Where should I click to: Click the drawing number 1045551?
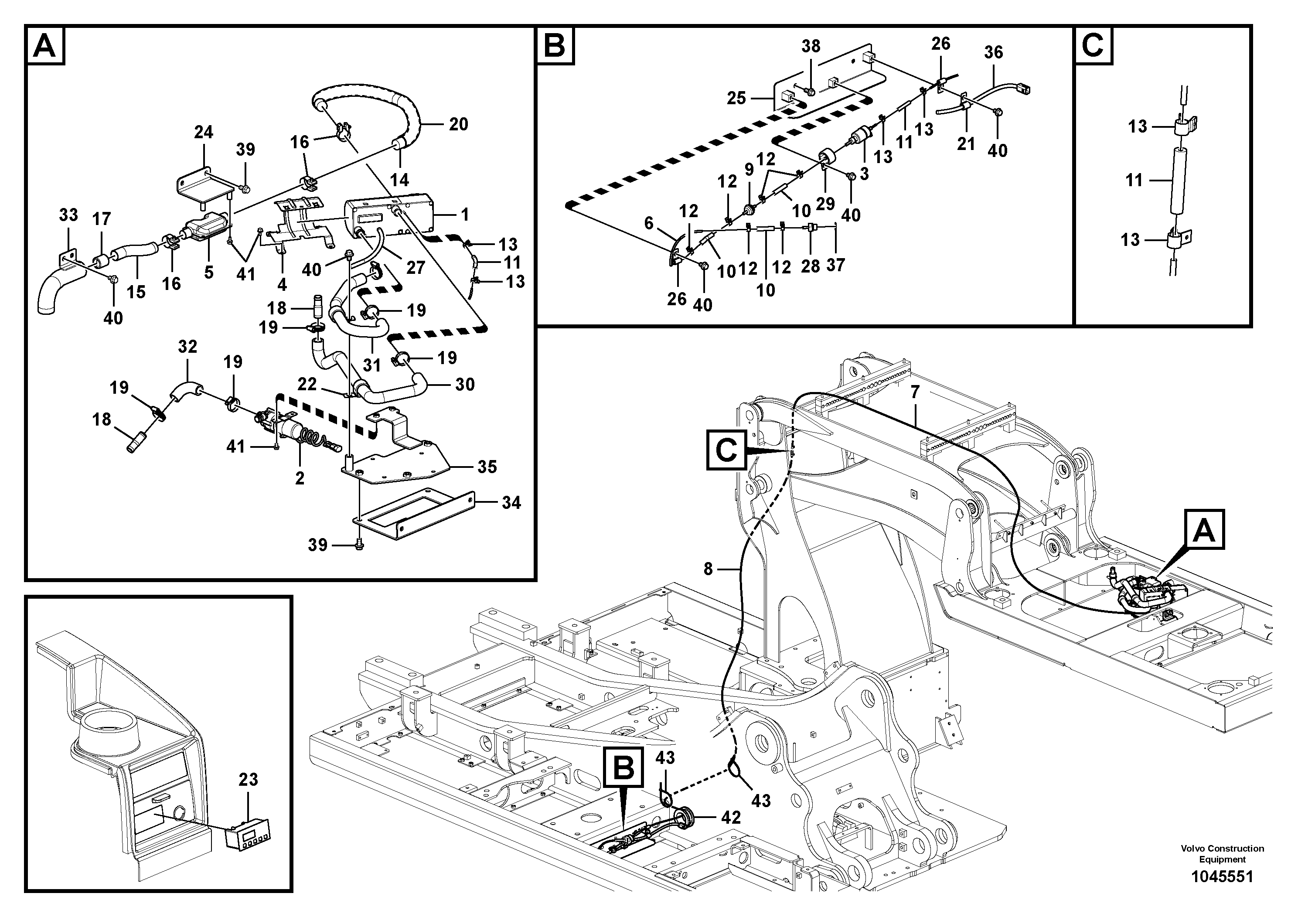pos(1222,877)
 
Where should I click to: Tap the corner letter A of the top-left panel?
pos(44,46)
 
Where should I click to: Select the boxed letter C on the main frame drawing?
pos(726,450)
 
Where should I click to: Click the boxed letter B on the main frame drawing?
pos(623,768)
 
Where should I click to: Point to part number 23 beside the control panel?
pos(248,780)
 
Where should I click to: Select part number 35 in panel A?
pos(487,467)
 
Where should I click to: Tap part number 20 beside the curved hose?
pos(459,124)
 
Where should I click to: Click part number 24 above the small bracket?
pos(204,132)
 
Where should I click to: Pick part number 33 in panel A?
pos(68,215)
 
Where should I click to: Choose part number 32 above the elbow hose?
pos(187,347)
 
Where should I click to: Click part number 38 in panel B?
pos(811,46)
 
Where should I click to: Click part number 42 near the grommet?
pos(731,817)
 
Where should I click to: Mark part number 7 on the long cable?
pos(915,391)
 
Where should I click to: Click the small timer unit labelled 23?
pos(247,835)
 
